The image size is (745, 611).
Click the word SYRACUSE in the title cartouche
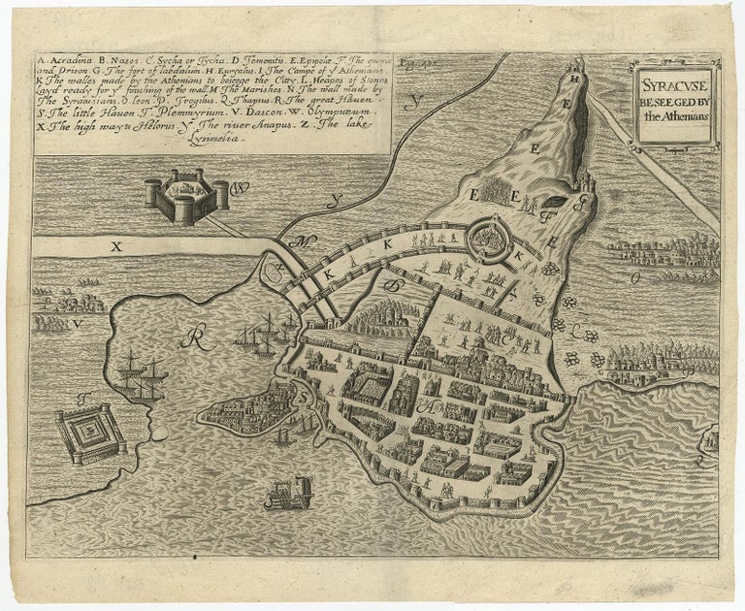[x=676, y=82]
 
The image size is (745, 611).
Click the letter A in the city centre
[x=424, y=407]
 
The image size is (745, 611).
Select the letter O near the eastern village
[x=635, y=278]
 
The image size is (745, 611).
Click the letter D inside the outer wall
[x=394, y=287]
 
